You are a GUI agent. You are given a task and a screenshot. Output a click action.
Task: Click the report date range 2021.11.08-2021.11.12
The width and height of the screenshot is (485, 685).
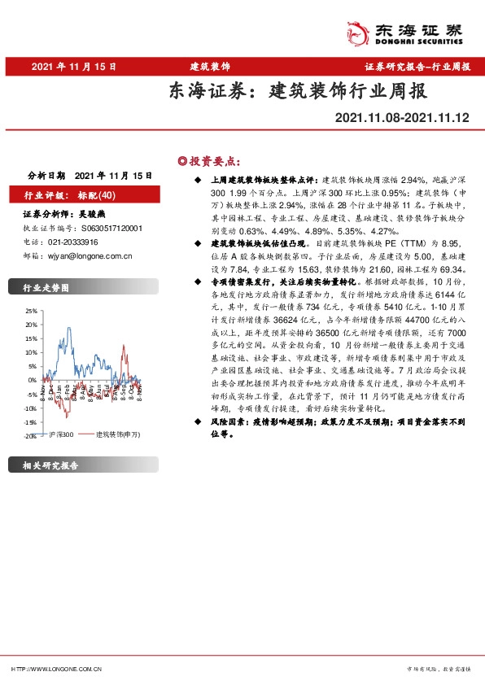[x=402, y=117]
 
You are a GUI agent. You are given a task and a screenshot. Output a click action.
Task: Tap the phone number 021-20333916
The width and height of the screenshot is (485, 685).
[x=72, y=242]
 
